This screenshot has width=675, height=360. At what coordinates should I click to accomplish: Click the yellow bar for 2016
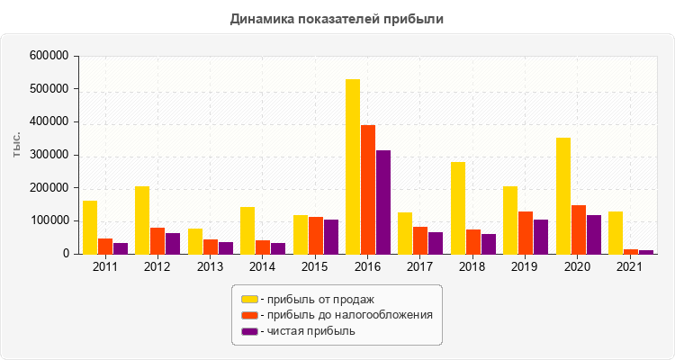tap(353, 166)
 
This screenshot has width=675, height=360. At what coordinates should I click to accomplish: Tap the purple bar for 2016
tap(383, 202)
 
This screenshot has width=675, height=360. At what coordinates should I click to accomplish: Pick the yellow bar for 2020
tap(563, 195)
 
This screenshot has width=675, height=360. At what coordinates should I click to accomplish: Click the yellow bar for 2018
tap(458, 208)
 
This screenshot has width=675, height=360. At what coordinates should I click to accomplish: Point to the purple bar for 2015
tap(331, 237)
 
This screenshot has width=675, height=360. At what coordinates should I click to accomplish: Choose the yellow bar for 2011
tap(90, 227)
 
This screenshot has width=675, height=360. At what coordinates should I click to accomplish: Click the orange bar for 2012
tap(157, 240)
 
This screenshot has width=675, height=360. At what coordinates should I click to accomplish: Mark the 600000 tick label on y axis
tap(49, 56)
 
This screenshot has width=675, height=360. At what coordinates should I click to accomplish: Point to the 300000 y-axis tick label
tap(49, 155)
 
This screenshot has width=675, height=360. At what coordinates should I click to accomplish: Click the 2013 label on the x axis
tap(210, 267)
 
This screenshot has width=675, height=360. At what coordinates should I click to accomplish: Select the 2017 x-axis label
tap(420, 267)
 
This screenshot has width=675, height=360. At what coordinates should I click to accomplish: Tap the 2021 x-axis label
tap(631, 267)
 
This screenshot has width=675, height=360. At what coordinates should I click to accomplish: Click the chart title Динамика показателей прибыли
tap(337, 18)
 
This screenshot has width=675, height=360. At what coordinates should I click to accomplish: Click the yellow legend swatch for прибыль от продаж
tap(248, 299)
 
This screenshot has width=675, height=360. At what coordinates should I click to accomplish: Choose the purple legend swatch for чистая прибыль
tap(248, 331)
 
